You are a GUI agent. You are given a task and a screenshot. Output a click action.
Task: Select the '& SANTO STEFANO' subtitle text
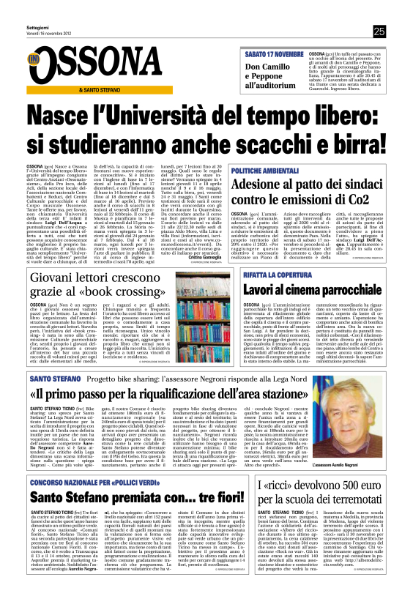point(100,90)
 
